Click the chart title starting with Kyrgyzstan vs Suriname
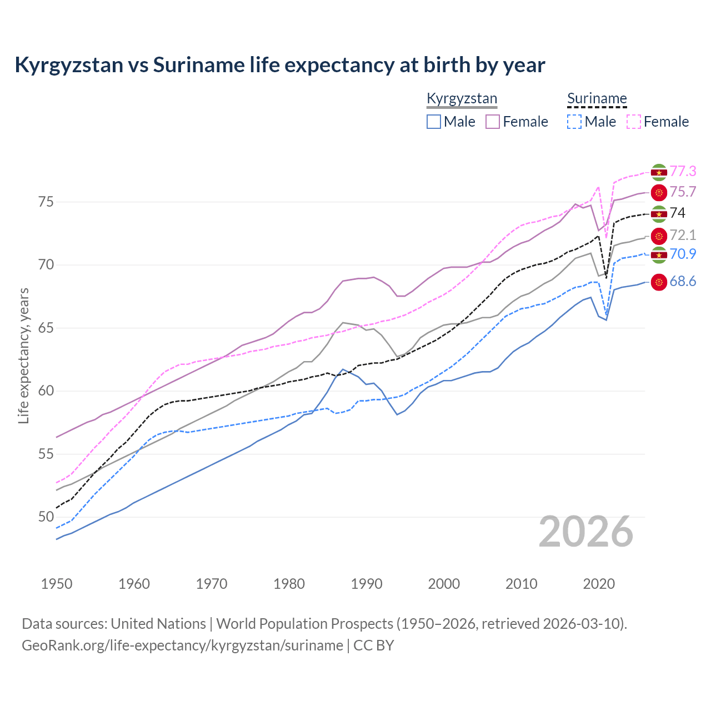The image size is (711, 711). pyautogui.click(x=280, y=65)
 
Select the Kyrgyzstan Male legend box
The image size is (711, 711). pyautogui.click(x=434, y=122)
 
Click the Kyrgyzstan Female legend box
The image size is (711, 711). pyautogui.click(x=493, y=122)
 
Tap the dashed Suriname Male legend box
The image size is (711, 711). pyautogui.click(x=574, y=122)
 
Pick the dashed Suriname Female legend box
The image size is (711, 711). pyautogui.click(x=633, y=122)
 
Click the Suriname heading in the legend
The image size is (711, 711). pyautogui.click(x=597, y=99)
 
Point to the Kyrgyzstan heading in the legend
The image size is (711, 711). pyautogui.click(x=462, y=99)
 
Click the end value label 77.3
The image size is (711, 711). pyautogui.click(x=683, y=171)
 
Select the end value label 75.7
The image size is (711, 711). pyautogui.click(x=683, y=192)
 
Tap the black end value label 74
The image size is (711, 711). pyautogui.click(x=678, y=213)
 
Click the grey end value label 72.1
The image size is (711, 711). pyautogui.click(x=683, y=235)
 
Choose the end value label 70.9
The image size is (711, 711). pyautogui.click(x=683, y=254)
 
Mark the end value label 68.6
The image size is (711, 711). pyautogui.click(x=683, y=282)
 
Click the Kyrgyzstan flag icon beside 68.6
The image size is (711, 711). pyautogui.click(x=659, y=282)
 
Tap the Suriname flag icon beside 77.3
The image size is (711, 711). pyautogui.click(x=659, y=172)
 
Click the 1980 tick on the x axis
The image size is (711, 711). pyautogui.click(x=289, y=584)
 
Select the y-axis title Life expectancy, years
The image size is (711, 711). pyautogui.click(x=23, y=355)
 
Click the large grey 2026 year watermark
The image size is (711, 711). pyautogui.click(x=586, y=532)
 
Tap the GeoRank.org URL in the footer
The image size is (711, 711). pyautogui.click(x=182, y=645)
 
